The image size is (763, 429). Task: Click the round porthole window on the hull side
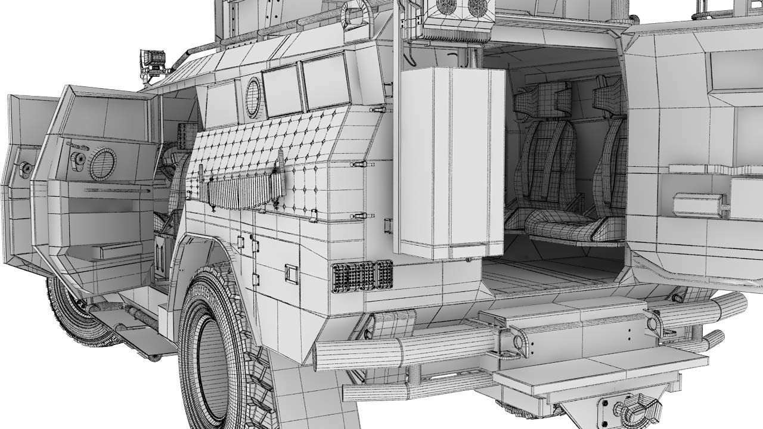(x=253, y=97)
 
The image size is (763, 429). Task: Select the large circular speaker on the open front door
(x=103, y=163)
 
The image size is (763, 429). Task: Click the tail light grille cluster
(x=362, y=275)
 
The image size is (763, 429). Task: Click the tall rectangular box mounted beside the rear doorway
(x=451, y=162)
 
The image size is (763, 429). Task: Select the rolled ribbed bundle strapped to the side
(x=241, y=192)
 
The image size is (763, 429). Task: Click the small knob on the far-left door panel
(x=26, y=169)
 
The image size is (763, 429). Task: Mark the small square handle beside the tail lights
(x=291, y=273)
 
